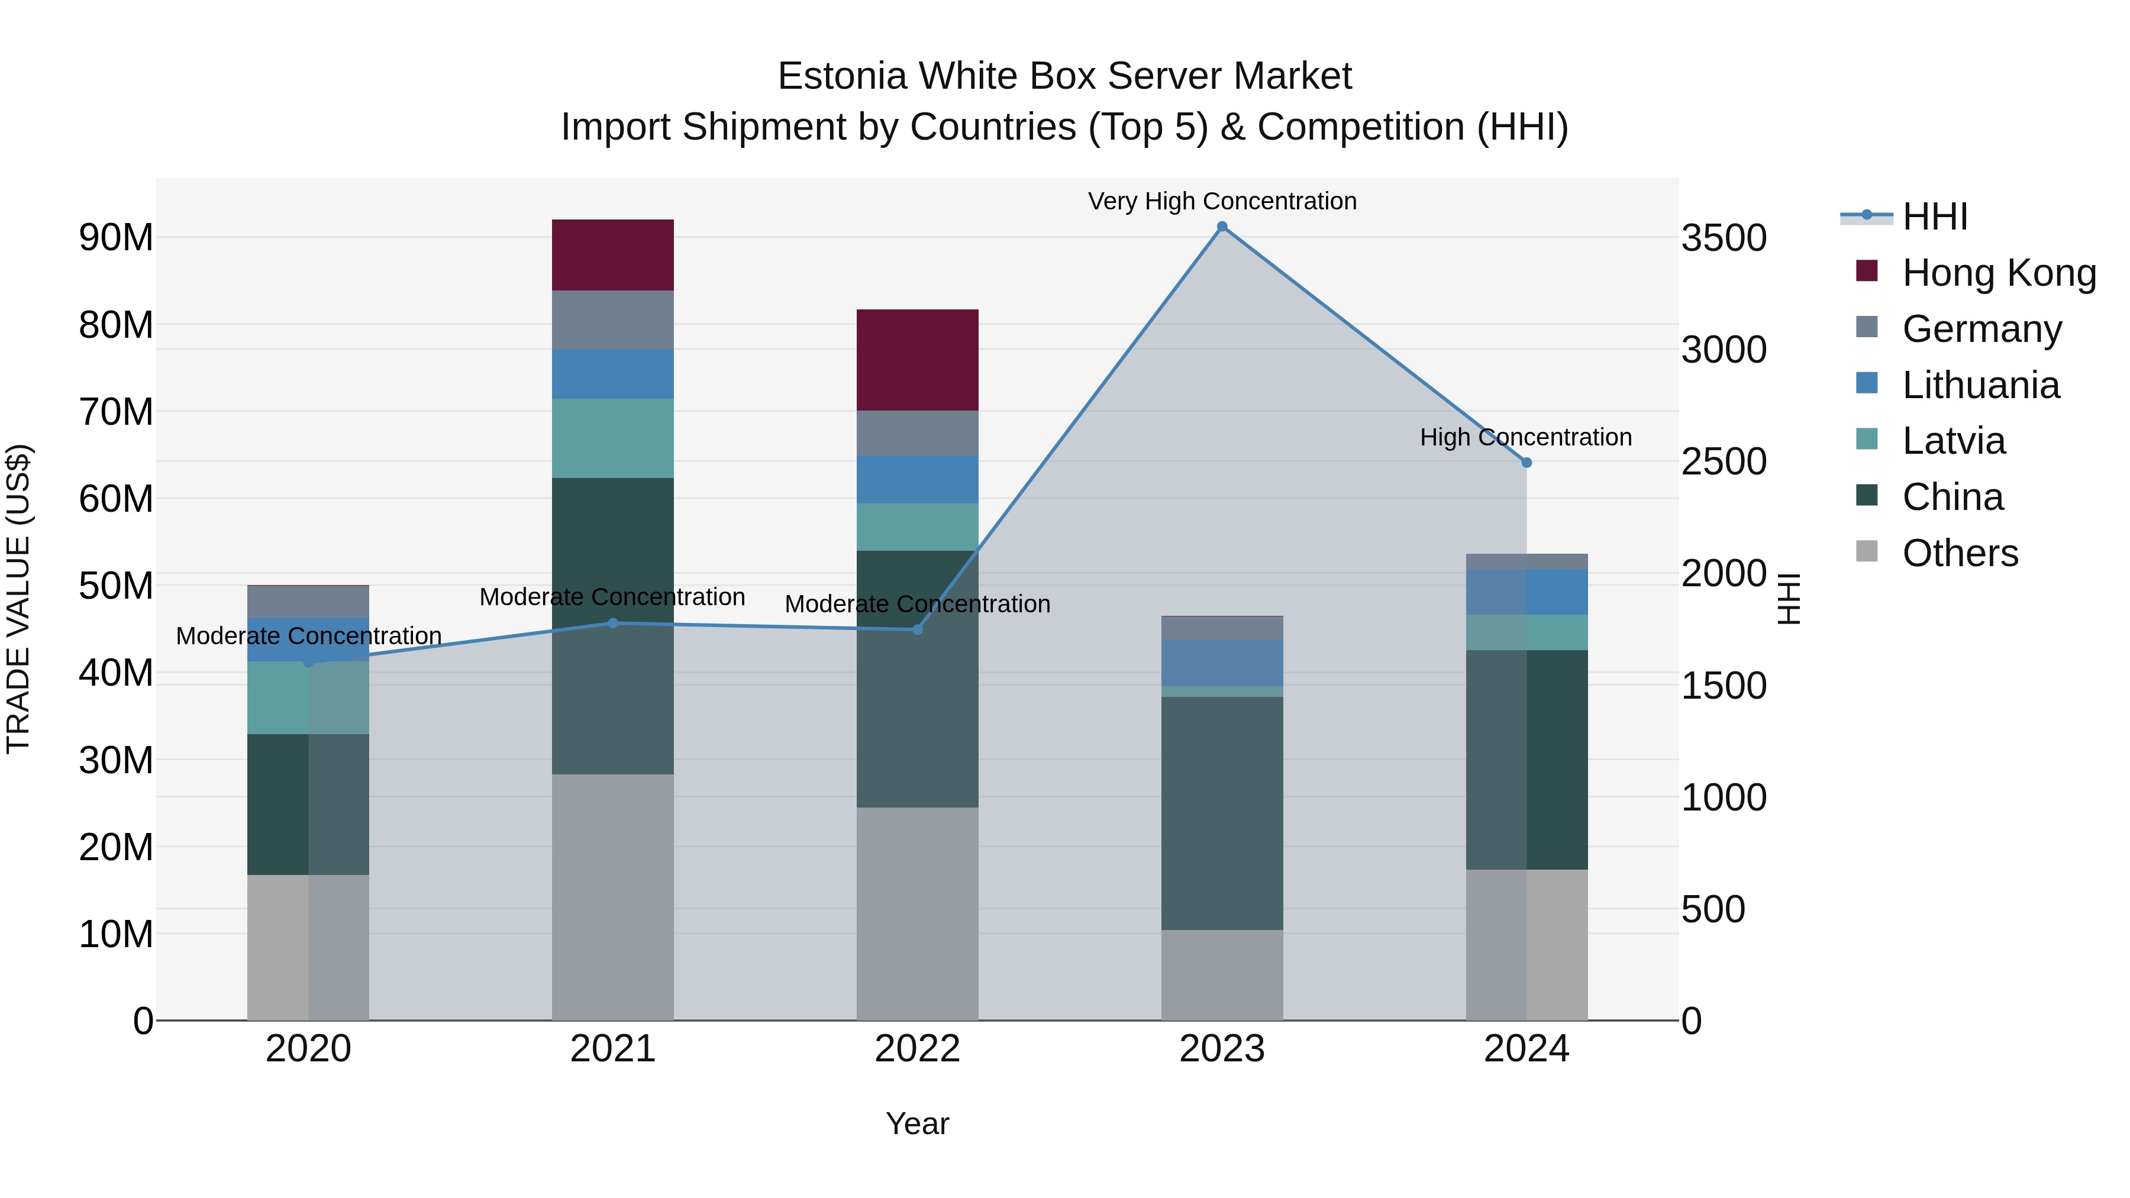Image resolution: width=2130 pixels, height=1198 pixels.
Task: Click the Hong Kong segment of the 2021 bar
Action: point(613,254)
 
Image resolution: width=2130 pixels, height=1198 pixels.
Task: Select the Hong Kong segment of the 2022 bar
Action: point(917,360)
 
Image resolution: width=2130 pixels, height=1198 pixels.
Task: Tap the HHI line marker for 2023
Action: point(1222,227)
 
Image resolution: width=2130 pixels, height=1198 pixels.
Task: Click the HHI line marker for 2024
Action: point(1526,463)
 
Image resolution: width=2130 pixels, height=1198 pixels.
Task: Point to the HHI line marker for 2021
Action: point(613,624)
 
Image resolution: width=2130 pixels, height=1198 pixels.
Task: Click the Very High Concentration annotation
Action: point(1222,201)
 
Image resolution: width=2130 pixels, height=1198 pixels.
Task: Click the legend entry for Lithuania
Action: point(1980,385)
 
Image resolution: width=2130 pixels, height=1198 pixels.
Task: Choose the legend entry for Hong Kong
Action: point(1999,273)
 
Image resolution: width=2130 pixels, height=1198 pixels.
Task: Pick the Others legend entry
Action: point(1960,553)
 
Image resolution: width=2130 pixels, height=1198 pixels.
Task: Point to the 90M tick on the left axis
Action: point(116,238)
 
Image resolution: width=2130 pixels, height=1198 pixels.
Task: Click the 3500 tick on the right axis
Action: point(1724,238)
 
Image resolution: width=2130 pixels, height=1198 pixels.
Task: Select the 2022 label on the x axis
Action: point(917,1049)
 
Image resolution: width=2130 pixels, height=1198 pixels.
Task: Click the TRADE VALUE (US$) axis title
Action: point(18,599)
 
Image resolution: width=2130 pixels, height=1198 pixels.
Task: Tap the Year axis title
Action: point(917,1123)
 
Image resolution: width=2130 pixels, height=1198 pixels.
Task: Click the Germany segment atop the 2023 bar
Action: point(1222,628)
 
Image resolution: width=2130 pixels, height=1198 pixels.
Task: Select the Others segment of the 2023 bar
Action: point(1222,975)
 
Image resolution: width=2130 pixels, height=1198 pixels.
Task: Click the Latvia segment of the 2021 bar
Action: point(613,438)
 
